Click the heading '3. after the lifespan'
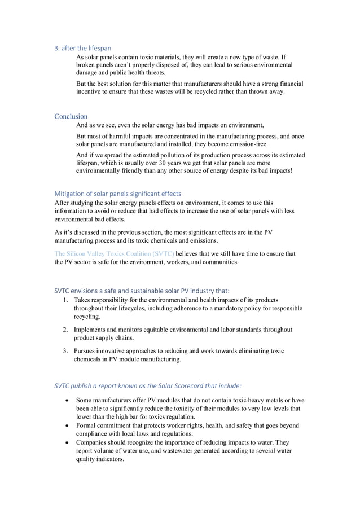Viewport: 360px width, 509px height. [x=82, y=49]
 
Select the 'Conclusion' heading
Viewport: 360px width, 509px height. [x=71, y=116]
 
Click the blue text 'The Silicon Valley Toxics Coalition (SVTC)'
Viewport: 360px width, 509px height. [x=114, y=254]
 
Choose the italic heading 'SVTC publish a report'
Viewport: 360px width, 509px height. [x=148, y=386]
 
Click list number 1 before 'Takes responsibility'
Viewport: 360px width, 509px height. [x=65, y=300]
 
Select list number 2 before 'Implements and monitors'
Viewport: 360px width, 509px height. [x=65, y=329]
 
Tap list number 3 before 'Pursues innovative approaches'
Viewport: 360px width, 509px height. [x=65, y=350]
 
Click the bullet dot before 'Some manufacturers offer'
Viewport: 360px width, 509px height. [x=68, y=400]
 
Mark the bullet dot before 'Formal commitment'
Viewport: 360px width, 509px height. [x=68, y=425]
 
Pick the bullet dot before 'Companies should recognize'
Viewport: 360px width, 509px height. [x=68, y=442]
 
